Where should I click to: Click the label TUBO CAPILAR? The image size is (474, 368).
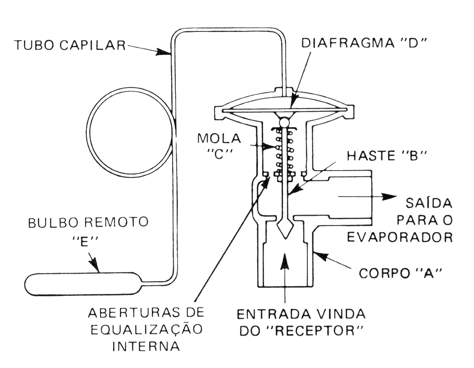pyautogui.click(x=70, y=45)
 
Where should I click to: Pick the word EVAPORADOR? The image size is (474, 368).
pyautogui.click(x=399, y=237)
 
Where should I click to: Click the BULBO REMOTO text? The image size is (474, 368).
pyautogui.click(x=88, y=222)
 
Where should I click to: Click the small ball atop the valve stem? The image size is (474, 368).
pyautogui.click(x=285, y=122)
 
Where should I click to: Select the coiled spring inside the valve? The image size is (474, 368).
pyautogui.click(x=285, y=150)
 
